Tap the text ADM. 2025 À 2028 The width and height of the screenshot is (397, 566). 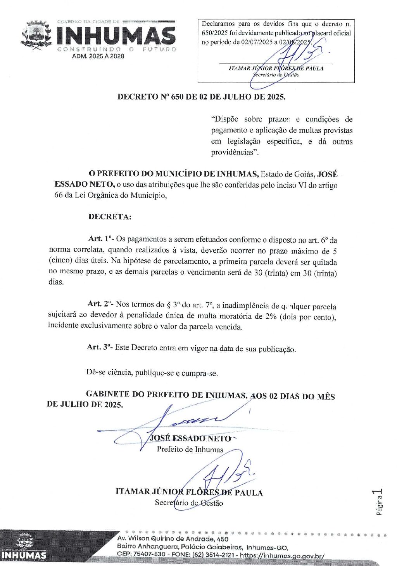tap(98, 56)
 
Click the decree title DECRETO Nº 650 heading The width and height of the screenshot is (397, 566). tap(201, 97)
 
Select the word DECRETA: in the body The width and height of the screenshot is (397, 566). tap(110, 217)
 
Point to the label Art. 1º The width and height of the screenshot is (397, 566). tap(100, 239)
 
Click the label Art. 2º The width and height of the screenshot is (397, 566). tap(100, 304)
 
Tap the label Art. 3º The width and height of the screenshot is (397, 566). tap(99, 347)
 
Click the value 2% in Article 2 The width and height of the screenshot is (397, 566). tap(271, 316)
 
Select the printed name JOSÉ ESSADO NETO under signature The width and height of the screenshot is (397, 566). tap(190, 439)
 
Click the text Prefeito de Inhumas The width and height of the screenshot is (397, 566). tap(190, 449)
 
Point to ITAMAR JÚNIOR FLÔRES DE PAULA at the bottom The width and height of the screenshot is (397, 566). tap(189, 492)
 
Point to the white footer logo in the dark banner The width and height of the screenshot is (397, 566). tap(24, 547)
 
